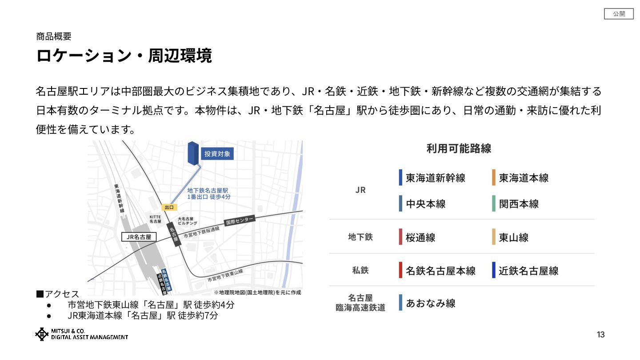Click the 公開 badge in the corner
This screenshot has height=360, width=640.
pos(619,14)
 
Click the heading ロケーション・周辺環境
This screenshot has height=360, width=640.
pos(124,56)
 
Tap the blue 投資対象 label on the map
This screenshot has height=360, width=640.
pos(217,154)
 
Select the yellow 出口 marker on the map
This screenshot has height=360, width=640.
pos(169,207)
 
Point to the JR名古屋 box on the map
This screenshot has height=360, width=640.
pos(139,237)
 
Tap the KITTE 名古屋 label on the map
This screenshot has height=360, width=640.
pos(155,219)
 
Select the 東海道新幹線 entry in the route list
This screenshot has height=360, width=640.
pos(435,178)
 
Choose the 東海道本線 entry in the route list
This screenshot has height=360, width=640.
pos(524,178)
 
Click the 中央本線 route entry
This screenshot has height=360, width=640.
pos(425,204)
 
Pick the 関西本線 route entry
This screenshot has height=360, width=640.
pos(519,204)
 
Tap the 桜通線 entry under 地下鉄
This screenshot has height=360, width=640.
pos(420,237)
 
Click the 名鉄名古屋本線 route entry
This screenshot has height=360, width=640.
pos(440,270)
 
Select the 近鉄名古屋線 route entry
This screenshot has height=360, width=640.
pos(528,270)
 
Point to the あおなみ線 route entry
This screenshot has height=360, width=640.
pos(430,303)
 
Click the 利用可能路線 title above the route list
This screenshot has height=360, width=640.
pos(459,148)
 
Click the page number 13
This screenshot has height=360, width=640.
pos(600,335)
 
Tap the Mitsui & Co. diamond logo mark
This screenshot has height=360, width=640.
pos(42,334)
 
